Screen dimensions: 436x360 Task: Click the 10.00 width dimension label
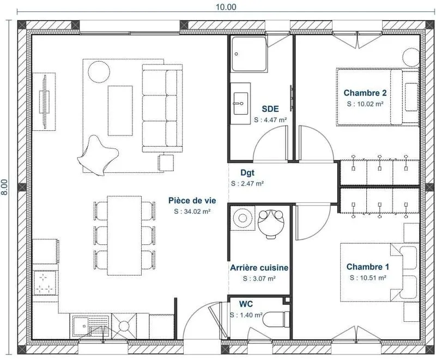[x=226, y=7]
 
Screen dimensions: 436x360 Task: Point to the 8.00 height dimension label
[x=5, y=187]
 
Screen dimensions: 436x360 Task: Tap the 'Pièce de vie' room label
[x=192, y=201]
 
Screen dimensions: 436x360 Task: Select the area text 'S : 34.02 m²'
[x=192, y=212]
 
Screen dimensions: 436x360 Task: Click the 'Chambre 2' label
[x=365, y=93]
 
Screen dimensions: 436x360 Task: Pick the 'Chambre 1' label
[x=367, y=267]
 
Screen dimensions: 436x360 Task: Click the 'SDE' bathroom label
[x=270, y=109]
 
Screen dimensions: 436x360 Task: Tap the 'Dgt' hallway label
[x=247, y=173]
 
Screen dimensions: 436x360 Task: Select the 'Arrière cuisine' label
[x=259, y=268]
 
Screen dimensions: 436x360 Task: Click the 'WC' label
[x=246, y=304]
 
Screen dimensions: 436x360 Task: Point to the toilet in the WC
[x=276, y=320]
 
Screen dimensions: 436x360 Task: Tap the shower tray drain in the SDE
[x=237, y=54]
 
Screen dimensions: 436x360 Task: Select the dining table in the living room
[x=124, y=236]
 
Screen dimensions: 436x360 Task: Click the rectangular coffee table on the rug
[x=120, y=111]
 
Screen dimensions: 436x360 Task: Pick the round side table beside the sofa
[x=99, y=72]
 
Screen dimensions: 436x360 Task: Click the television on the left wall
[x=45, y=102]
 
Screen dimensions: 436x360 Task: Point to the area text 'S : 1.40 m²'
[x=246, y=315]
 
